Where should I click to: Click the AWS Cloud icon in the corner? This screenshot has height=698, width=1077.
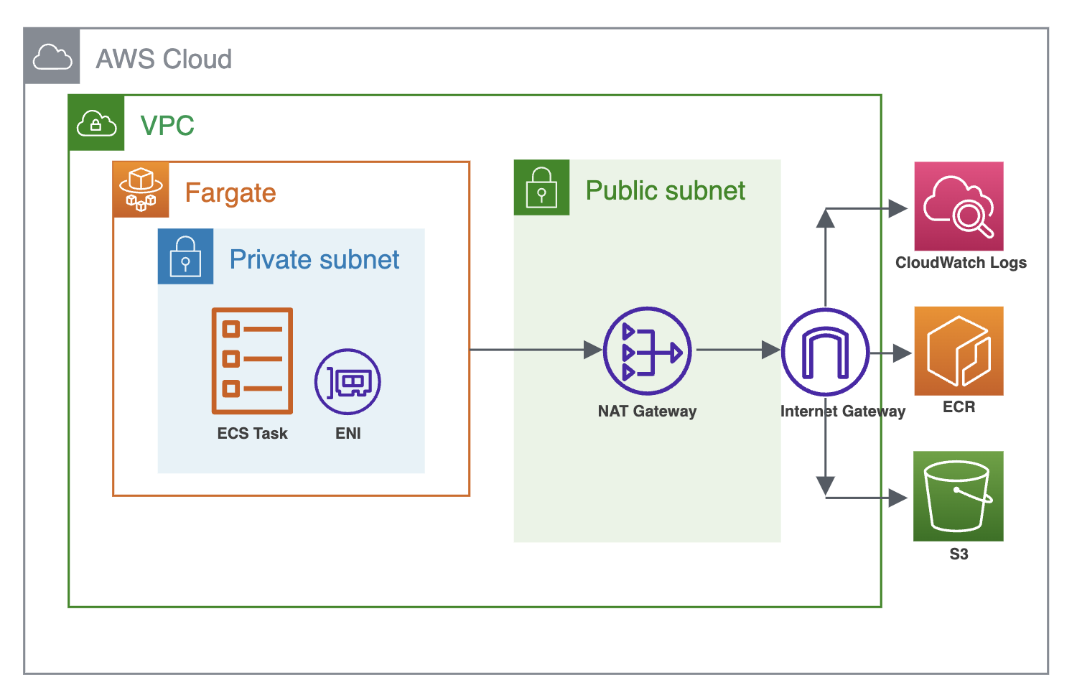52,57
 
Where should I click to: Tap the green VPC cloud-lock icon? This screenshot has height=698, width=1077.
96,123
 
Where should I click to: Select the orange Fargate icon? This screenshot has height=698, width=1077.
141,190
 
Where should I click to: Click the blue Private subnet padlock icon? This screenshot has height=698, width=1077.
185,256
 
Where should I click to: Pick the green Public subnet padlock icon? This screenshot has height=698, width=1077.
541,187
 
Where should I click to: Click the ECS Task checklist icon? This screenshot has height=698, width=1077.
252,360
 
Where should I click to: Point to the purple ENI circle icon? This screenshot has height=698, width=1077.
348,382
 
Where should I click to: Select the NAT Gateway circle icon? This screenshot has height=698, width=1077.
647,351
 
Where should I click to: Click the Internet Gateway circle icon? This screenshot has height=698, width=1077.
825,352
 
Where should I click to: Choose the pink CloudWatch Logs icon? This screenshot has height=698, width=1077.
959,206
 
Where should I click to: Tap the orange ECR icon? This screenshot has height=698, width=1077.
959,351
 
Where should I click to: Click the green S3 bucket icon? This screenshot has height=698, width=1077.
958,496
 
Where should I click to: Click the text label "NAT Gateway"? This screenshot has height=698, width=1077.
647,411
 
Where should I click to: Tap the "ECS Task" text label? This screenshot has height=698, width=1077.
252,434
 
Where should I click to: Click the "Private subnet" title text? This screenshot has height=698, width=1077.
314,259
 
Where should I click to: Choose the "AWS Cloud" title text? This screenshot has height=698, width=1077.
164,59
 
